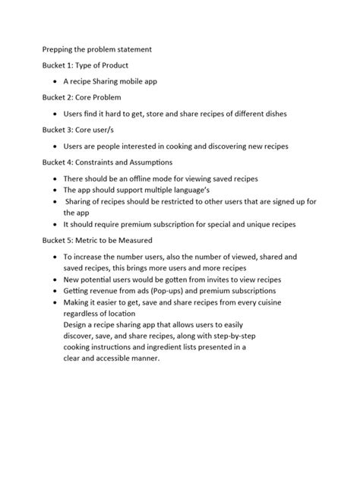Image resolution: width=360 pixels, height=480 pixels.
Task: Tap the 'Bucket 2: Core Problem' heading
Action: [x=81, y=98]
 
